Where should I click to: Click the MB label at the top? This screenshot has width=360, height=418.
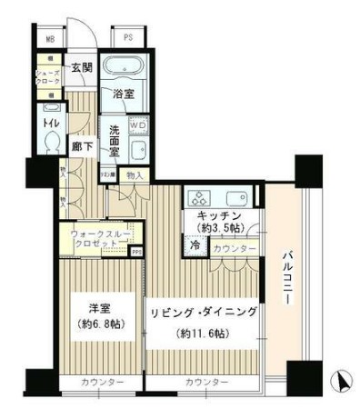tap(50, 40)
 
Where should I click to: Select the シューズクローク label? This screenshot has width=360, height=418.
tap(47, 78)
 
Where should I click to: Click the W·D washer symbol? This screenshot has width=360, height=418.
tap(140, 126)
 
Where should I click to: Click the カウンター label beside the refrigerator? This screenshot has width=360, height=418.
tap(233, 247)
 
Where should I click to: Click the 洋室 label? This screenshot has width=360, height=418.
tap(100, 304)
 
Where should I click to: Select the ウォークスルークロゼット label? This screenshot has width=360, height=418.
tap(99, 240)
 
